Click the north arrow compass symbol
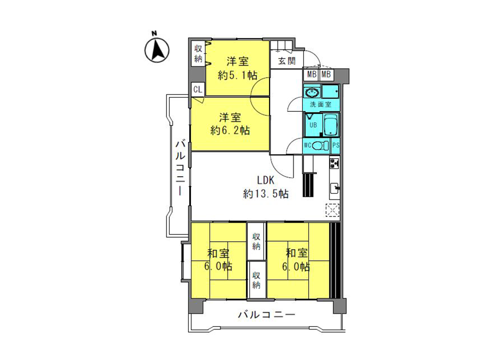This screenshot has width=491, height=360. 157,50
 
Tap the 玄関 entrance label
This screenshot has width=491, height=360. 287,61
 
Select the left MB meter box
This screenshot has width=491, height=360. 312,75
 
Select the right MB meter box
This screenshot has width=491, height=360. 326,75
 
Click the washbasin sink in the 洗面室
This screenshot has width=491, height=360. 312,93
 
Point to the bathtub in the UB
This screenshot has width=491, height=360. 331,125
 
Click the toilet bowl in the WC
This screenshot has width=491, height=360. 320,146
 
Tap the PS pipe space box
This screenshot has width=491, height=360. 336,146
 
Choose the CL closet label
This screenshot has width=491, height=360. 198,89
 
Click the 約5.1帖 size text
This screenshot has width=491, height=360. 238,75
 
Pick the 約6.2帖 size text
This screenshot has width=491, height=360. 230,130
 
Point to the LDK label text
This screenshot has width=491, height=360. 266,180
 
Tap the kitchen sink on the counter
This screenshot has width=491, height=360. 335,188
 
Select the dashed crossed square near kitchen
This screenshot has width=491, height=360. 333,210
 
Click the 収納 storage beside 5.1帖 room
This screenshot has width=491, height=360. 198,53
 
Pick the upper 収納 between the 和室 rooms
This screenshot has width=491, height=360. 256,241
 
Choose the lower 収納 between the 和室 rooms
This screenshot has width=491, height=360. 256,280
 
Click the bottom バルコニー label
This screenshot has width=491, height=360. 266,314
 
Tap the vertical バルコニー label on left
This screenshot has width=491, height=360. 180,167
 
